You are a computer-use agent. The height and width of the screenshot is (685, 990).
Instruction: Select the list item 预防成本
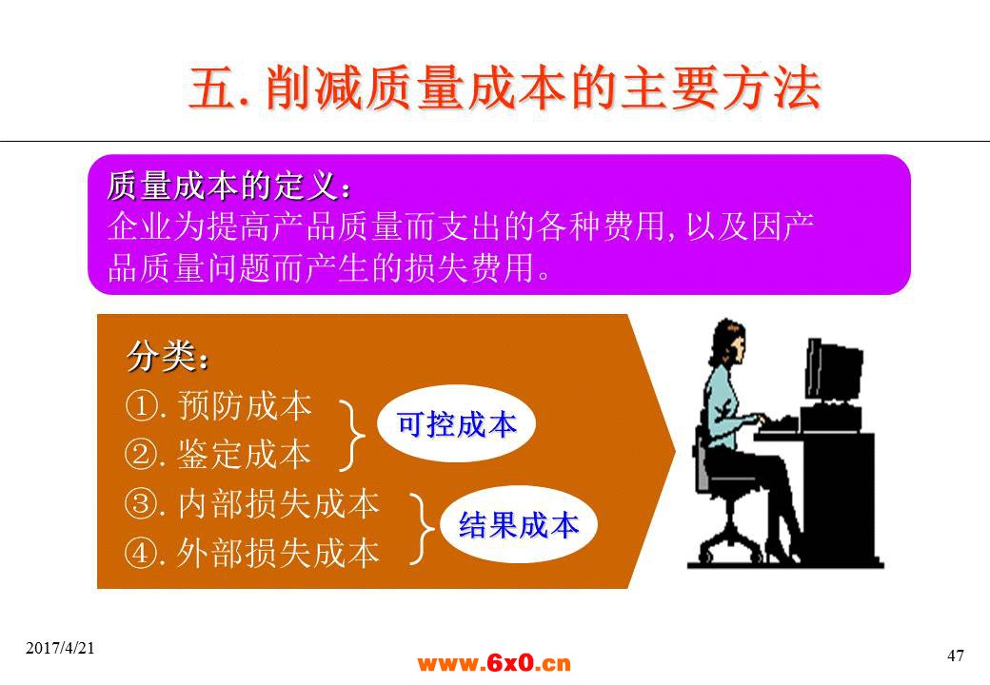(245, 405)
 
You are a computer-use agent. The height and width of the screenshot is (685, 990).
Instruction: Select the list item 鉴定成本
(245, 454)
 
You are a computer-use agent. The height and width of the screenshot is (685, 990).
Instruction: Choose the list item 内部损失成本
(278, 504)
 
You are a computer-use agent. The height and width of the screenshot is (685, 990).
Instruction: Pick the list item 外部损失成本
(278, 553)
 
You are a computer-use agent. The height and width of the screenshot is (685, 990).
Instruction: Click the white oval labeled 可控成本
(456, 424)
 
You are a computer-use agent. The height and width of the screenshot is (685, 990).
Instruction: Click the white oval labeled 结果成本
(519, 525)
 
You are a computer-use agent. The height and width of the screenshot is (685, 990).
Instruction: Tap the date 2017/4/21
(60, 648)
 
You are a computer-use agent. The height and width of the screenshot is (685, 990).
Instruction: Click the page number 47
(956, 656)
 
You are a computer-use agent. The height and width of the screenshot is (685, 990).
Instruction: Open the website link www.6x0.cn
(494, 663)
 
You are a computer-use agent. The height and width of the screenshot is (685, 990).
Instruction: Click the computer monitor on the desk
(833, 372)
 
